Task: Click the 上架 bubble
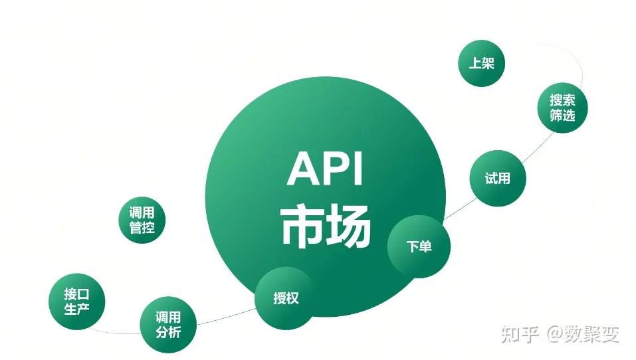[x=482, y=64]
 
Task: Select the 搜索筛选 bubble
[x=562, y=108]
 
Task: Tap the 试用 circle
[x=497, y=178]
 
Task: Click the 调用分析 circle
[x=168, y=325]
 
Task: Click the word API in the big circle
[x=325, y=170]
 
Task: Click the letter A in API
[x=300, y=170]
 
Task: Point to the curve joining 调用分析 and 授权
[x=226, y=318]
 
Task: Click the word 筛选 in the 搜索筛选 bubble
[x=562, y=116]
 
